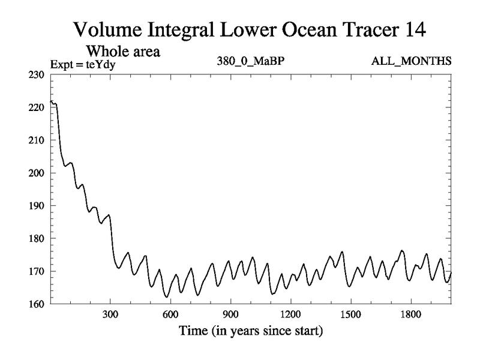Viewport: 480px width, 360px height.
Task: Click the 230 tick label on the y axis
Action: pos(38,75)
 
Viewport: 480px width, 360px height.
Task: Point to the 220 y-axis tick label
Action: pos(38,107)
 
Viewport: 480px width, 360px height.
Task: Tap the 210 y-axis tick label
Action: pos(38,140)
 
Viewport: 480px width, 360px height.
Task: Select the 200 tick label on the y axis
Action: pos(38,173)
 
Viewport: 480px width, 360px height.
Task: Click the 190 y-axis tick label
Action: pos(38,206)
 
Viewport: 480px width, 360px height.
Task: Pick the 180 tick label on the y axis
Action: pos(38,239)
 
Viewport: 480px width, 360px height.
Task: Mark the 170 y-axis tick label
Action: pos(38,271)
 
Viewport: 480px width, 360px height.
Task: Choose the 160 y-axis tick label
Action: pos(38,304)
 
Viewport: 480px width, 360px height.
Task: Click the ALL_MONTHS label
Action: pos(412,62)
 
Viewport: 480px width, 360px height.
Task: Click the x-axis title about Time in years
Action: pos(251,331)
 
